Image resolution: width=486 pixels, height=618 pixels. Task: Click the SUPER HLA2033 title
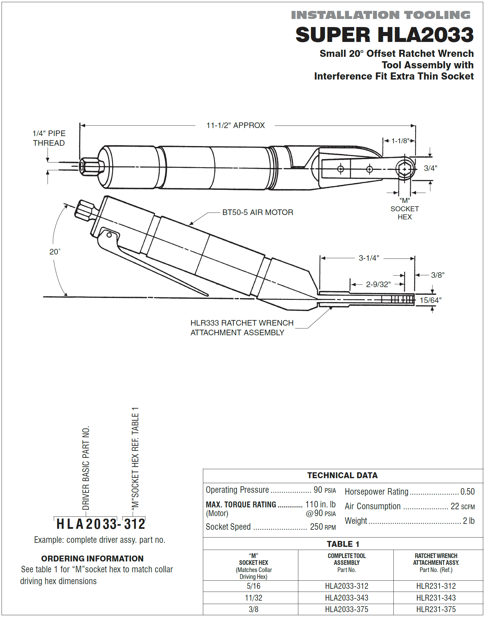point(384,34)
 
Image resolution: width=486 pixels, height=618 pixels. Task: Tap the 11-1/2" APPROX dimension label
point(236,125)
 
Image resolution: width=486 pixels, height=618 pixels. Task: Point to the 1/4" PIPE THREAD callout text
point(49,138)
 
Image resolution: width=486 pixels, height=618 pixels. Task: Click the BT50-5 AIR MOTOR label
point(258,212)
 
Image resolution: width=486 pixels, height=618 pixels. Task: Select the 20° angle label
point(55,251)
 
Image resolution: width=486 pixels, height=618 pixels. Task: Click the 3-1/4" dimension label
point(369,258)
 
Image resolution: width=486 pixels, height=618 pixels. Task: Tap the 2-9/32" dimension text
point(378,284)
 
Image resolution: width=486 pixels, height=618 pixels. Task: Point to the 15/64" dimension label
point(430,300)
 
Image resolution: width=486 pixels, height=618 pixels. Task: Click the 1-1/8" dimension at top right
point(400,141)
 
